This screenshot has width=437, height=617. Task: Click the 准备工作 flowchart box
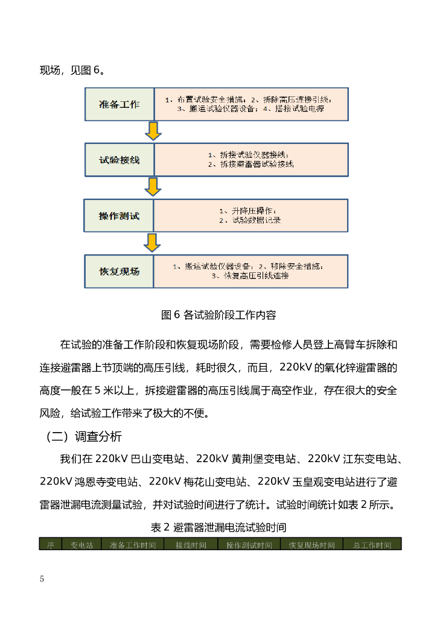coord(119,104)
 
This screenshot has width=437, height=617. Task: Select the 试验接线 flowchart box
coord(119,160)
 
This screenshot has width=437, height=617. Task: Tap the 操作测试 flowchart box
coord(119,215)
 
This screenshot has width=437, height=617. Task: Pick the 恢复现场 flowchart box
coord(119,271)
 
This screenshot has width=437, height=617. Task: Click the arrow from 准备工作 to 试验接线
coord(153,131)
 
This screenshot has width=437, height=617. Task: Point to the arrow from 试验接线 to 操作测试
coord(153,186)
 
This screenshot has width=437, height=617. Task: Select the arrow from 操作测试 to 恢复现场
coord(153,242)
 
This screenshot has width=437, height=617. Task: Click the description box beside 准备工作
coord(251,104)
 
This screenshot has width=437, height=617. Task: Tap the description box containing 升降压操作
coord(251,215)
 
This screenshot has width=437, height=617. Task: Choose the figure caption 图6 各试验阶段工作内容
coord(218,315)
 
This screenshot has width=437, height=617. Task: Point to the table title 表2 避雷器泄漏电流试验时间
coord(218,527)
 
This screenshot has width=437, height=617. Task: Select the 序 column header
coord(51,545)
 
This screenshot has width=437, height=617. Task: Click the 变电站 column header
coord(81,545)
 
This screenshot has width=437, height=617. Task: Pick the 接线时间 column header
coord(191,545)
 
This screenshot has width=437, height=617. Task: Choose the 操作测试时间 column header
coord(249,545)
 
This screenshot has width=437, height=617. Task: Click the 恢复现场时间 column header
coord(311,545)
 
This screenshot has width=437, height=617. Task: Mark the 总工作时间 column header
coord(372,545)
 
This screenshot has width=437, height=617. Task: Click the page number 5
coord(42,579)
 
